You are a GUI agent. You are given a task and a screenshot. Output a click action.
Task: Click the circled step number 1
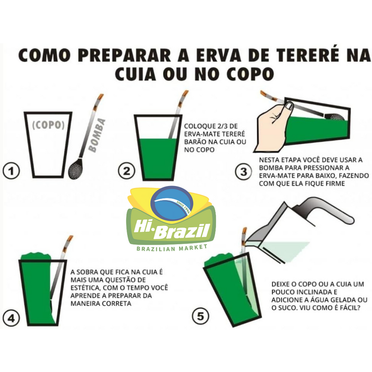coord(12,172)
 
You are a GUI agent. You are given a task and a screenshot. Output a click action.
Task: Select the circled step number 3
coord(243,172)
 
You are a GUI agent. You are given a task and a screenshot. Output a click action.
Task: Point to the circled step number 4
coord(12,318)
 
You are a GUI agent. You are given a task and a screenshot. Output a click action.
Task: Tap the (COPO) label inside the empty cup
coord(48,125)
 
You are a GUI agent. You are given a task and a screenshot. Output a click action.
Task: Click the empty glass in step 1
coord(48,142)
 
